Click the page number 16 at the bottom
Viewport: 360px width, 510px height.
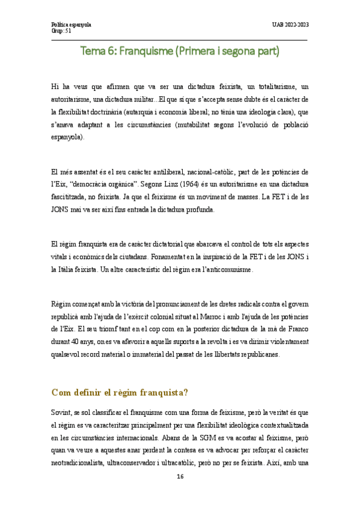[x=180, y=476]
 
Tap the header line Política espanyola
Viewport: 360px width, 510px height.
[x=72, y=25]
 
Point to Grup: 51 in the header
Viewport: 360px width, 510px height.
[x=62, y=31]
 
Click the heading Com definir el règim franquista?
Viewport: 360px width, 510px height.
[x=120, y=393]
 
